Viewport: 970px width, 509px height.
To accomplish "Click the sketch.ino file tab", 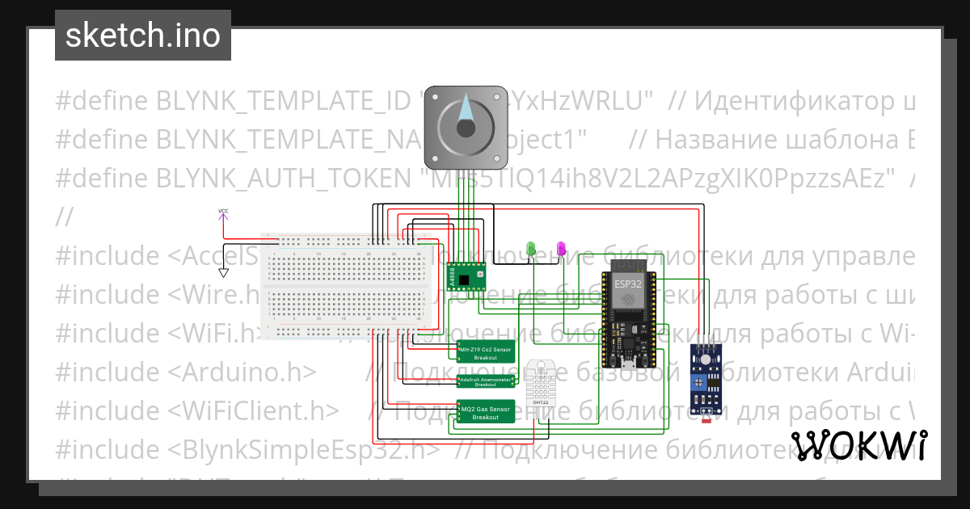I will pyautogui.click(x=142, y=36).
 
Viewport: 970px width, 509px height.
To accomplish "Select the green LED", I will pyautogui.click(x=531, y=249).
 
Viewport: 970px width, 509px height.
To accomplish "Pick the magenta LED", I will pyautogui.click(x=561, y=249).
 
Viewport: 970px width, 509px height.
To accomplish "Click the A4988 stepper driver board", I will pyautogui.click(x=467, y=276).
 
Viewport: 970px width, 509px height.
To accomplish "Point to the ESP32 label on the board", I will pyautogui.click(x=628, y=283).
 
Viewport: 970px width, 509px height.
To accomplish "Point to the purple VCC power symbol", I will pyautogui.click(x=223, y=212).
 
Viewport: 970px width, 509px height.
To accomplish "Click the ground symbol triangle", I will pyautogui.click(x=223, y=273).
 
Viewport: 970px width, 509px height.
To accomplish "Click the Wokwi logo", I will pyautogui.click(x=858, y=446).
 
